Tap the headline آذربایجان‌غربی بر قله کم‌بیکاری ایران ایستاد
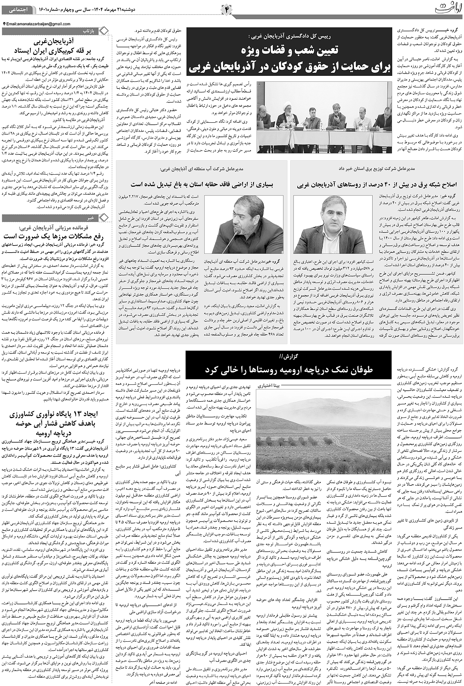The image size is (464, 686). (x=56, y=46)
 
